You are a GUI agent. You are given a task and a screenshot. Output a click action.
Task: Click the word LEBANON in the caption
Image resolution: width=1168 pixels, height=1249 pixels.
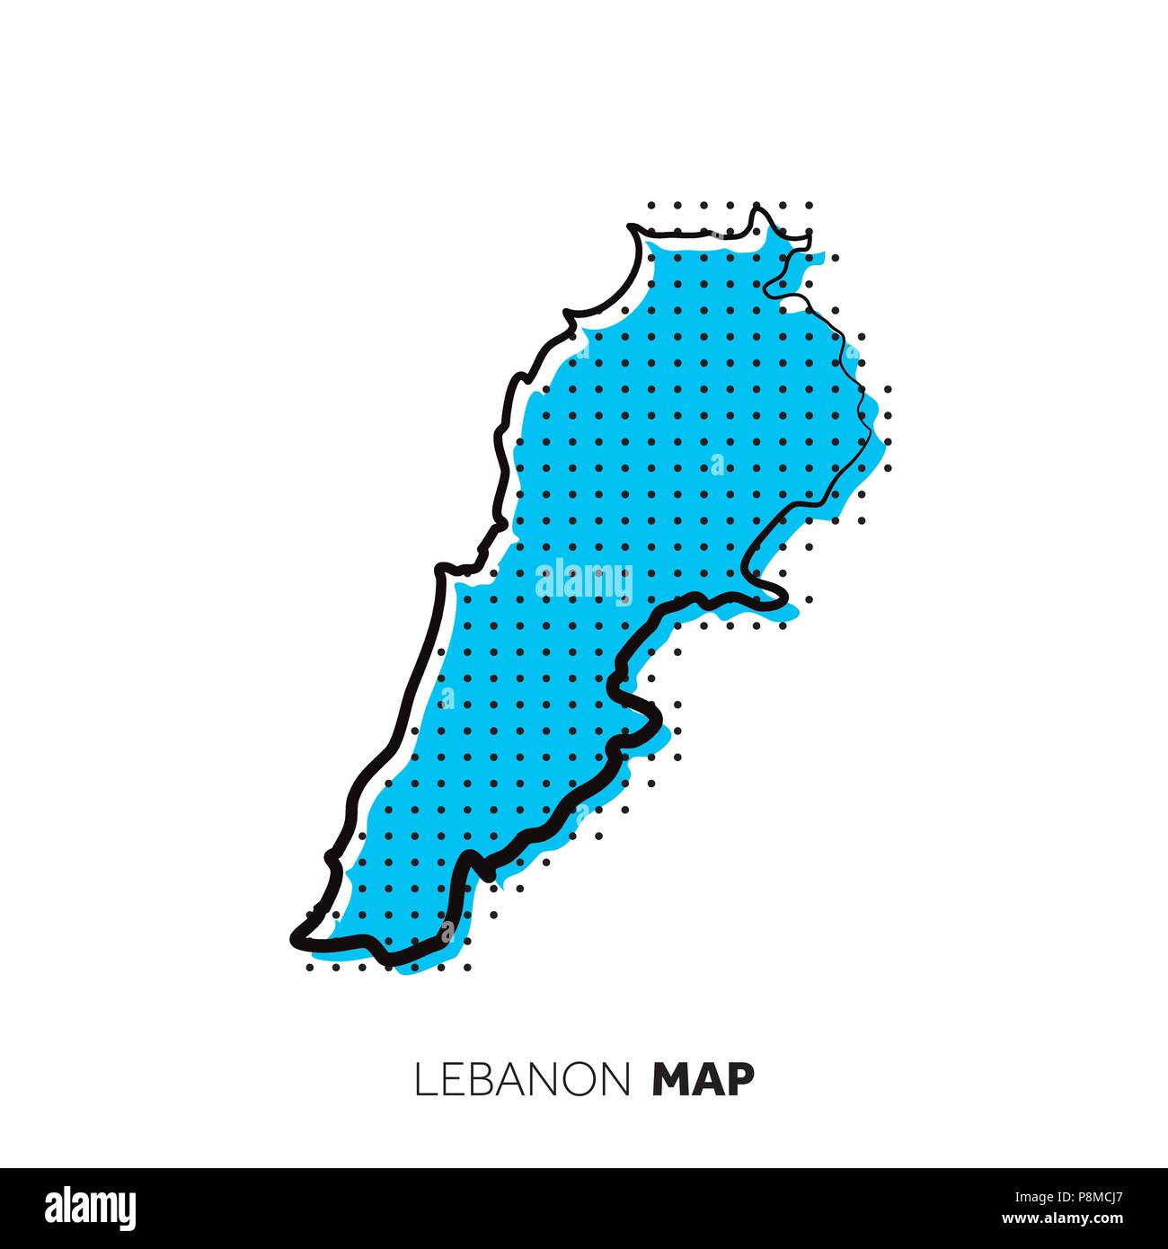[x=522, y=1079]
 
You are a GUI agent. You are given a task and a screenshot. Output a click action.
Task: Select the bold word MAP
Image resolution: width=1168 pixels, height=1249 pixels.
[x=703, y=1079]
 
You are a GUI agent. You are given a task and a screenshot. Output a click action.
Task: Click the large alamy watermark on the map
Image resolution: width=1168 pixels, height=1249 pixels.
[x=584, y=581]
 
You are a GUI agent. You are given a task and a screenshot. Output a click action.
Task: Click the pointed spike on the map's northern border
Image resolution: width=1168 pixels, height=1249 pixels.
[x=757, y=208]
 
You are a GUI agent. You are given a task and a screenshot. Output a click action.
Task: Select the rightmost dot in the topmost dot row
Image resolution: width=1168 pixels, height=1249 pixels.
[x=810, y=205]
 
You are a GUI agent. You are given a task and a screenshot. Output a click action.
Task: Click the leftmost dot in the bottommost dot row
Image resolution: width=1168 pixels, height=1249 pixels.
[x=309, y=969]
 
